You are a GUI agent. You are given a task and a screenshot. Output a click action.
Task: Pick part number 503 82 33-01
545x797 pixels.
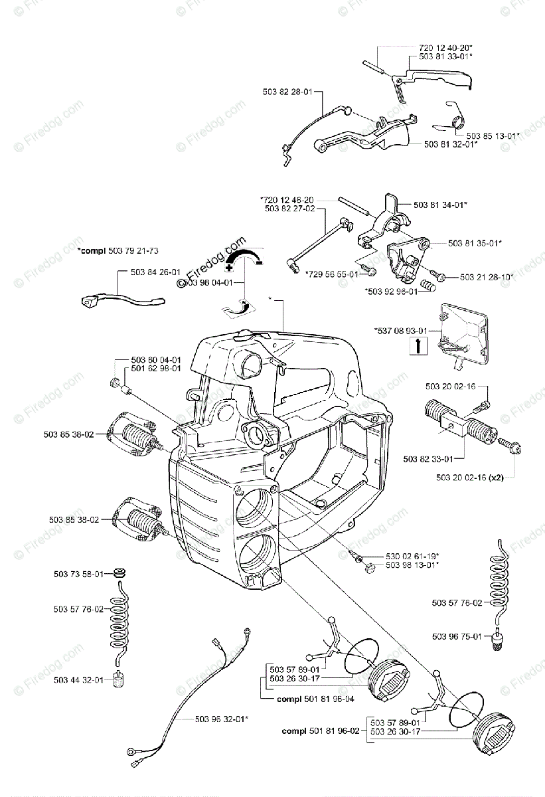click(x=428, y=458)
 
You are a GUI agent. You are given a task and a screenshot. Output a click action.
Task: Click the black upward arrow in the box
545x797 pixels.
click(x=418, y=345)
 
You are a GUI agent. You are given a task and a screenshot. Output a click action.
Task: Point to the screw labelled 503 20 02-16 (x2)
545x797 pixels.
click(x=514, y=445)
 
